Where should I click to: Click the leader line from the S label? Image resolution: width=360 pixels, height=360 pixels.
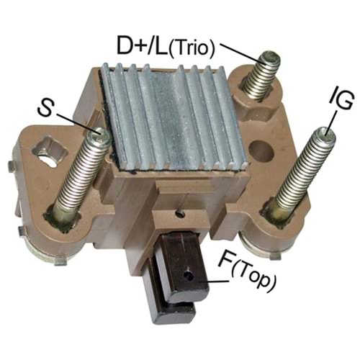pos(76,122)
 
